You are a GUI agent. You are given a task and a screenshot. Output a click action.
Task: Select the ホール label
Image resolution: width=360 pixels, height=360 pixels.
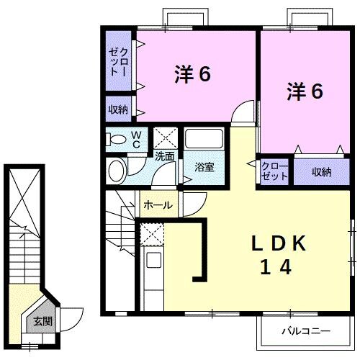(x=158, y=205)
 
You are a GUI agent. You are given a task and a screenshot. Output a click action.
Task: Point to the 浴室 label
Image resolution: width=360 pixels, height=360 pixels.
(x=204, y=167)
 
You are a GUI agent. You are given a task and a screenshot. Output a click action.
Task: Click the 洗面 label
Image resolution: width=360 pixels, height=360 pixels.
(x=164, y=156)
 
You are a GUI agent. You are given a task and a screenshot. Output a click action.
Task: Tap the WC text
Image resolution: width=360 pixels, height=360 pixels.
(x=135, y=140)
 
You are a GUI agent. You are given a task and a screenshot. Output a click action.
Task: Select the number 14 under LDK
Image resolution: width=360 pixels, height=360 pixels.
(x=276, y=268)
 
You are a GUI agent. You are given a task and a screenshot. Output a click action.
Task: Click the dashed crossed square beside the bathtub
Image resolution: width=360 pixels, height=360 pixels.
(x=166, y=138)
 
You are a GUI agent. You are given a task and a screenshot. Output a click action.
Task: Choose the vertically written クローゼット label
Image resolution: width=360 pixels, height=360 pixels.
(x=119, y=61)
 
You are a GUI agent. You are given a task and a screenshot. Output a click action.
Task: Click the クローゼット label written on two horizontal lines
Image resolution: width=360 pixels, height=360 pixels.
(x=274, y=171)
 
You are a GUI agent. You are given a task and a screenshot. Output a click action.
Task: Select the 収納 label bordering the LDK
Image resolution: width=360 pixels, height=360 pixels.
(x=320, y=171)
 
